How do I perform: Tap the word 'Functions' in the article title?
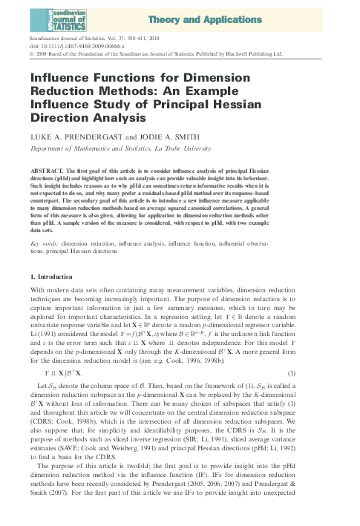105,77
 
